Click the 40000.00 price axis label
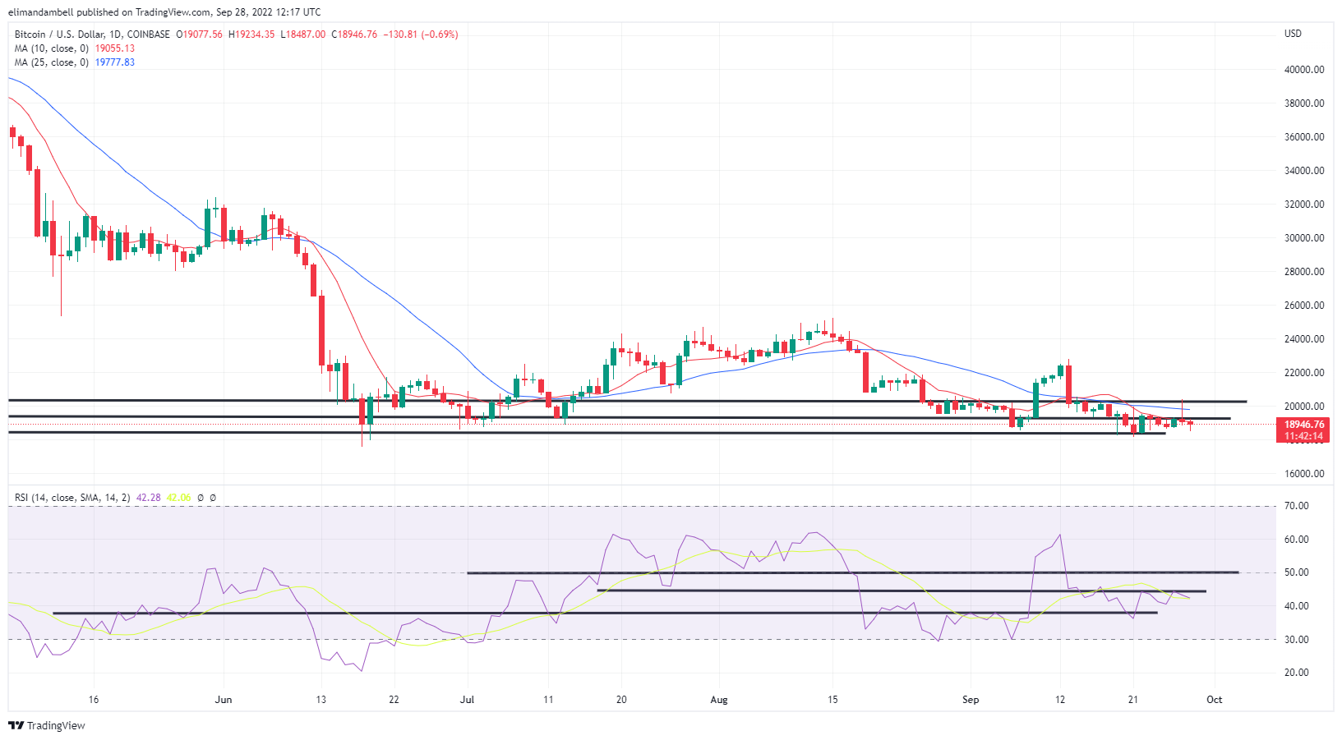(x=1304, y=70)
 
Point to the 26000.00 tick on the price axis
(x=1304, y=306)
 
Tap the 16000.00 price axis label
(x=1304, y=474)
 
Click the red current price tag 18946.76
(x=1304, y=425)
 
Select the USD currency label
(x=1293, y=34)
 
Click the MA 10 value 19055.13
(x=114, y=48)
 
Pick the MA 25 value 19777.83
(x=114, y=62)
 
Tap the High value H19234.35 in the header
(x=251, y=34)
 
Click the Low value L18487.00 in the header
(x=303, y=34)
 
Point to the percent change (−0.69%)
(x=440, y=34)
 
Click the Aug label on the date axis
(x=719, y=700)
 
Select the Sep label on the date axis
(x=971, y=700)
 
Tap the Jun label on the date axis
(x=224, y=700)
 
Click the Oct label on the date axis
(x=1214, y=700)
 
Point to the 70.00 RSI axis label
(x=1297, y=506)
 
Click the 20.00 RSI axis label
(x=1297, y=673)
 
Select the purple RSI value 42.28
(x=148, y=498)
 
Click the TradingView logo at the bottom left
(x=47, y=725)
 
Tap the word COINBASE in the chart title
(x=149, y=34)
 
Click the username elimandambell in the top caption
(x=40, y=12)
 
